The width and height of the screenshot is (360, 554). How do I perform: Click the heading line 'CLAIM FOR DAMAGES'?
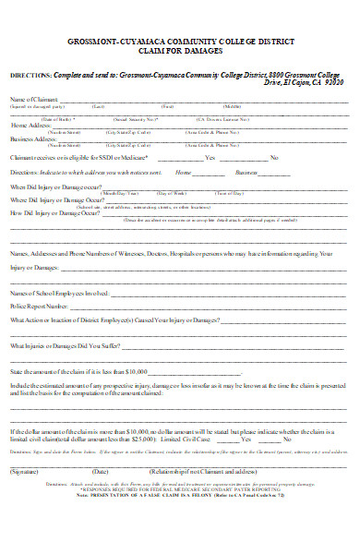click(x=180, y=54)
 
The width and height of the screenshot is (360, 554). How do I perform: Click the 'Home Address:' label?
click(x=30, y=125)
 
